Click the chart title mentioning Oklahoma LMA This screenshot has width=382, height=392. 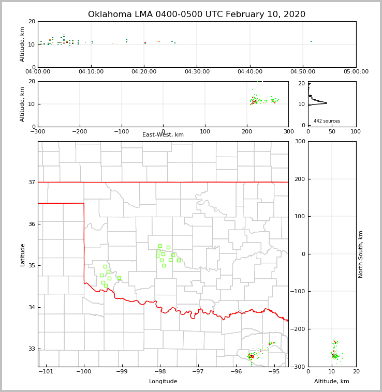tap(197, 14)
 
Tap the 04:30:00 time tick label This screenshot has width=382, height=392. tap(197, 72)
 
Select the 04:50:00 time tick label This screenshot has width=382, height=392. tap(303, 72)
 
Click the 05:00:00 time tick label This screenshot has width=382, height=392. tap(356, 72)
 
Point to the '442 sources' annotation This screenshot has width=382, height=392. tap(327, 121)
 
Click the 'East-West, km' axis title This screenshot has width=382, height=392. tap(163, 135)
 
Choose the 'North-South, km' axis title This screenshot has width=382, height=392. tap(361, 254)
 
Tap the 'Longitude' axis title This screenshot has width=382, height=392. tap(163, 382)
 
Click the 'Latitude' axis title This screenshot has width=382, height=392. tap(23, 254)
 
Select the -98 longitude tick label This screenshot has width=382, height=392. tap(159, 372)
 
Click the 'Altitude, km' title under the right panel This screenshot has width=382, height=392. tap(332, 382)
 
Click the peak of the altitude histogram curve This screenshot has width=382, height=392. tap(327, 103)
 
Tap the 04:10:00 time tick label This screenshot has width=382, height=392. tap(91, 72)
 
